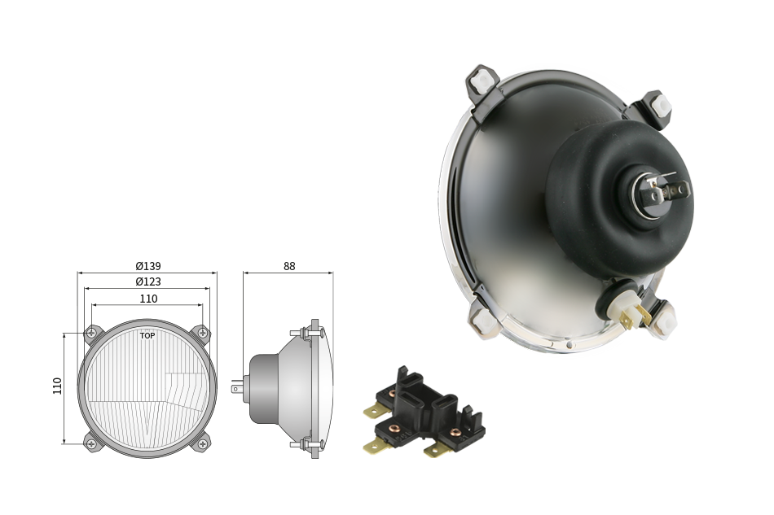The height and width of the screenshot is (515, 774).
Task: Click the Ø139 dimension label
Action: tap(148, 266)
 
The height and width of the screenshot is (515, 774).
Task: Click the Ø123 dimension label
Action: tap(148, 282)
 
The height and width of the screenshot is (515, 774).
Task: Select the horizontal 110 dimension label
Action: tap(148, 299)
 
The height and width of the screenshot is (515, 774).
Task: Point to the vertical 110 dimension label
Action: tap(57, 386)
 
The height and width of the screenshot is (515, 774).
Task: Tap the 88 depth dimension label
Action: tap(289, 266)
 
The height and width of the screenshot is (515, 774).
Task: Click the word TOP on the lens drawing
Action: tap(147, 336)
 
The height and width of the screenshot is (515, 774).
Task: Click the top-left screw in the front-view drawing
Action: tap(91, 333)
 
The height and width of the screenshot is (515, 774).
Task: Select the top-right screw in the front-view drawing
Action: tap(202, 333)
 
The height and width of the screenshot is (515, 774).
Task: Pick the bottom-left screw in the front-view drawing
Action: tap(91, 444)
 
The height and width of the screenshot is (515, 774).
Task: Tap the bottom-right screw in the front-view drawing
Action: tap(202, 444)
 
